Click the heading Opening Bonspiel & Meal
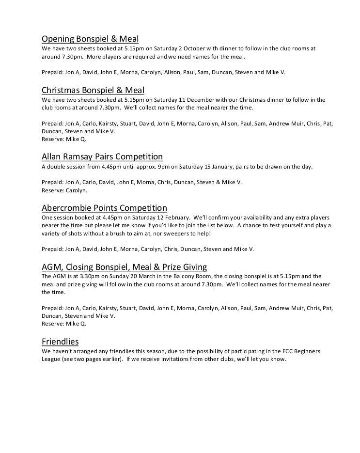coord(90,39)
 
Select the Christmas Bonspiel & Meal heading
coord(93,90)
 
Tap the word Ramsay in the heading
coord(79,156)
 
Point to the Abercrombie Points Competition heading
coord(104,207)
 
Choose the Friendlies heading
coord(60,341)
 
